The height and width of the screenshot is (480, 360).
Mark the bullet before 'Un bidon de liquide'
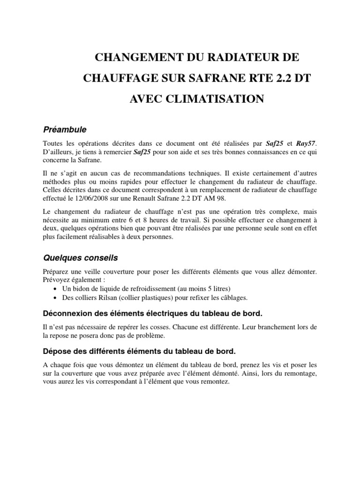56,288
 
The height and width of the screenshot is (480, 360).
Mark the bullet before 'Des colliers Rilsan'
56,298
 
